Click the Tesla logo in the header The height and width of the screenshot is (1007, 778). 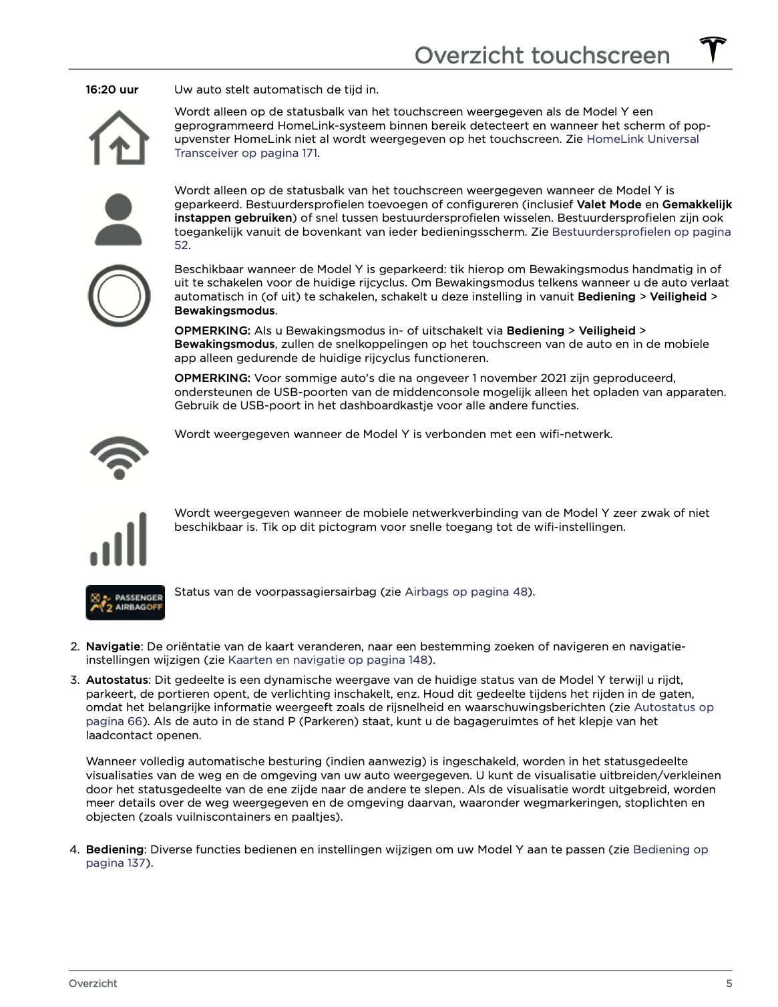(713, 50)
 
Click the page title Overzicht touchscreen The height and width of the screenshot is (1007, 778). (542, 55)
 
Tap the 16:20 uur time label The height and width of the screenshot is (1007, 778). (112, 89)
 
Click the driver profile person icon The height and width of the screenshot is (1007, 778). (118, 219)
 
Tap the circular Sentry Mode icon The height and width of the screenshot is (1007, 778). (119, 296)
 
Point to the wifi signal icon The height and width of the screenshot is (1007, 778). (119, 457)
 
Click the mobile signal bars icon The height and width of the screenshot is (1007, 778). (119, 539)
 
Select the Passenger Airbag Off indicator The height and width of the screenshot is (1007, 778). (125, 602)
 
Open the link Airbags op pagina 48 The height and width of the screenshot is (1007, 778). (465, 592)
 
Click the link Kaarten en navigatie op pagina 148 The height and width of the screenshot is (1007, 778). (327, 660)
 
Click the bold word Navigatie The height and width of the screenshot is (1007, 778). (113, 646)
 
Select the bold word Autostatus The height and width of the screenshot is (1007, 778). (117, 680)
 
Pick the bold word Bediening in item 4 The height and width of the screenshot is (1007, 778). (114, 849)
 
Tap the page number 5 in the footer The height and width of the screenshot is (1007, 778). (729, 983)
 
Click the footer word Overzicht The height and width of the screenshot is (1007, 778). (93, 983)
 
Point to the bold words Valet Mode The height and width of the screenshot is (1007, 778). (608, 204)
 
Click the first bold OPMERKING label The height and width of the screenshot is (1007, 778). (212, 331)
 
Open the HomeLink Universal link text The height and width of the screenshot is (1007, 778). (642, 139)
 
